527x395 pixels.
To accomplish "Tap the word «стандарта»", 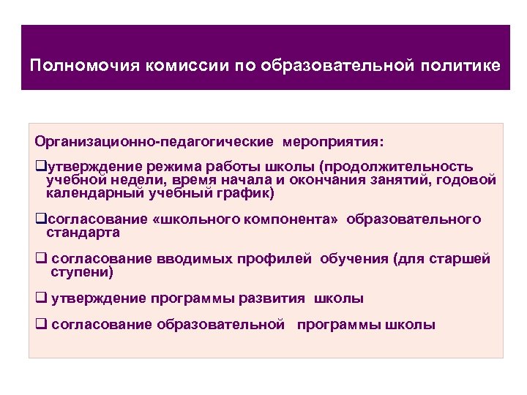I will coord(83,233).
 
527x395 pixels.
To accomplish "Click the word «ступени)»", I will coord(83,272).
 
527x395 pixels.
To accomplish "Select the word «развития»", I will coord(280,298).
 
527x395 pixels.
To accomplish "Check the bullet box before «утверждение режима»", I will coord(40,168).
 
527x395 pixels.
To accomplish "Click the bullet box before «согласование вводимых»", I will coord(40,260).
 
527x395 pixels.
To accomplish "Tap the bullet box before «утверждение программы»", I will coord(40,299).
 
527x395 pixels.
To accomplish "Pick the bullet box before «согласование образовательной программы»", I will coord(40,326).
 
